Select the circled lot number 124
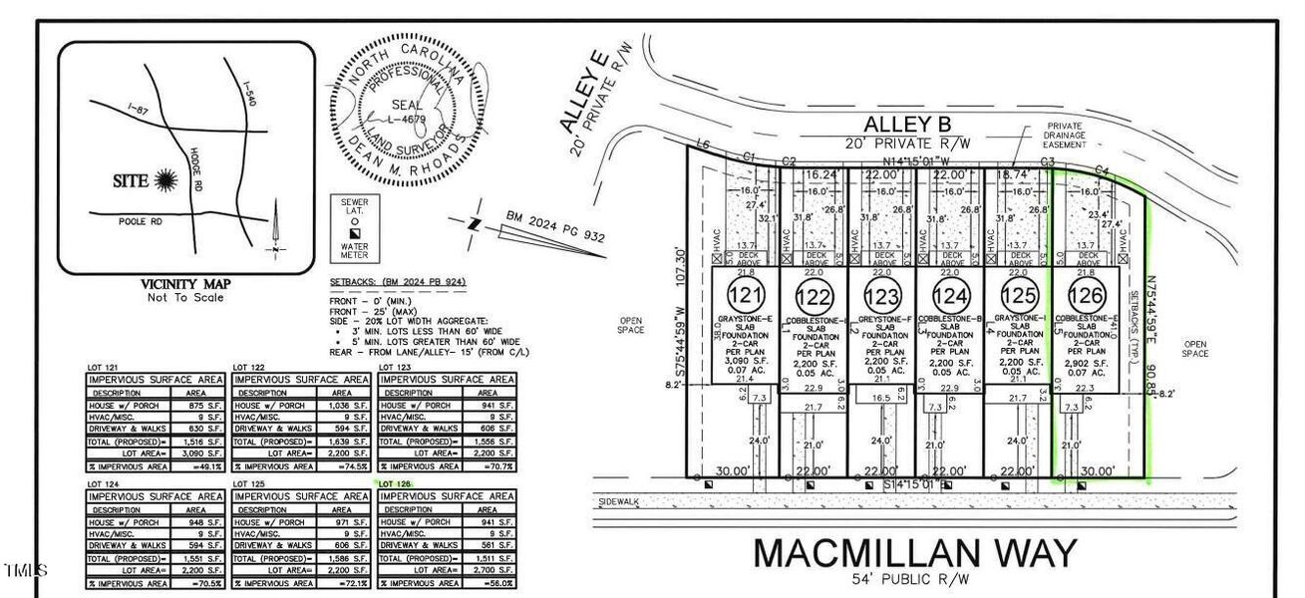coord(949,295)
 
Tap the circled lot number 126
coord(1085,295)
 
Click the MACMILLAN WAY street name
coord(914,552)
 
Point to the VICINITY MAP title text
coord(182,283)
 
